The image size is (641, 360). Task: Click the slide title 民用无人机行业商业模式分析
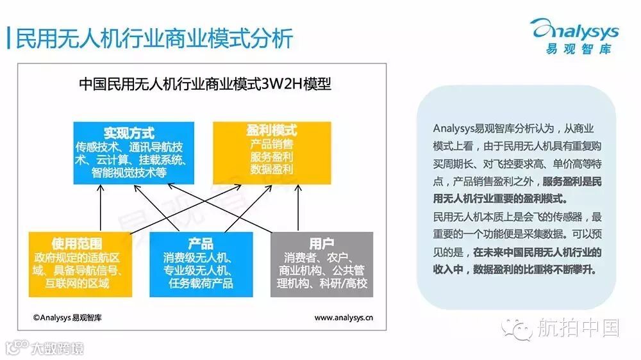coord(154,38)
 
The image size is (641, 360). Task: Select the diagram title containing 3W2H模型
coord(204,84)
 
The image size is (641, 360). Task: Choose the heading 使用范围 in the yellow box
coord(80,244)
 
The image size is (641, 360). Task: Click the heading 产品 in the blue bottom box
coord(201,244)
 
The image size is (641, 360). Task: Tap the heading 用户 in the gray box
coord(321,244)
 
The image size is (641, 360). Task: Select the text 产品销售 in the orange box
coord(271,145)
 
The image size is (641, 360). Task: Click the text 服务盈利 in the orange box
coord(271,158)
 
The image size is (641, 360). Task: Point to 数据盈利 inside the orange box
coord(271,170)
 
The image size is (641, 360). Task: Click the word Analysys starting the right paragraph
coord(456,129)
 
